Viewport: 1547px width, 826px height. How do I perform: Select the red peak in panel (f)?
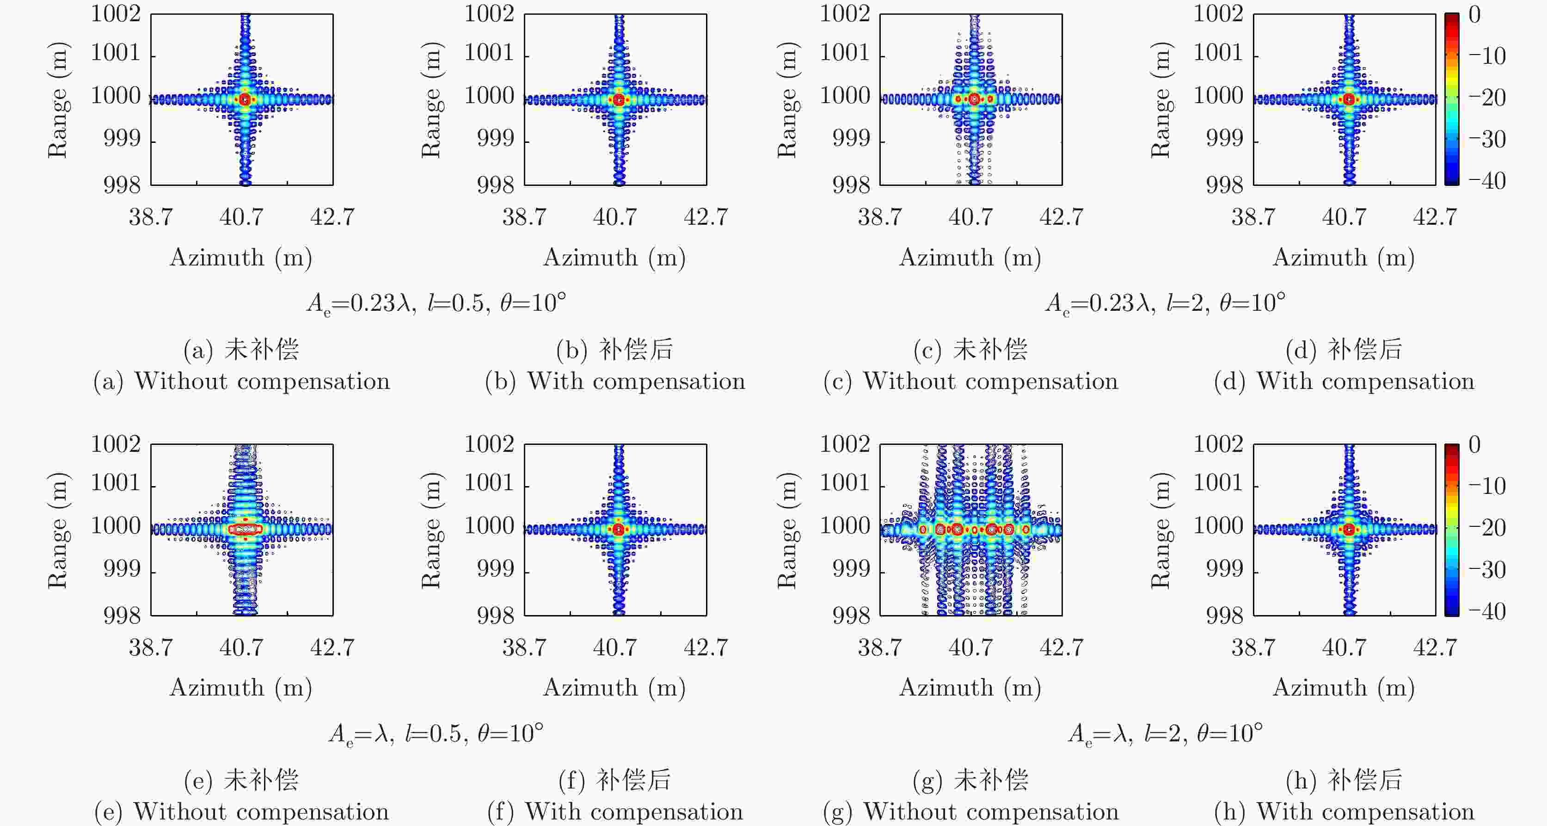[619, 529]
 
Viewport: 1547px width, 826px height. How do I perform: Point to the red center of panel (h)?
[1350, 529]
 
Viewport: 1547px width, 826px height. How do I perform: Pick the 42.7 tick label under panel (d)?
[1435, 217]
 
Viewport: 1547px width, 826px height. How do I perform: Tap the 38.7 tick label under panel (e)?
[151, 647]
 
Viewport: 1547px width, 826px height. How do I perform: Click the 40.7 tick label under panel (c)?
[970, 217]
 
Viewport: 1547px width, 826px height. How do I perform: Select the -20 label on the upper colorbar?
[1487, 97]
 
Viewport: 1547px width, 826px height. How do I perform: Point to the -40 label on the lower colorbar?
[1487, 611]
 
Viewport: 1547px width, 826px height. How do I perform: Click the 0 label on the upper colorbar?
[1475, 14]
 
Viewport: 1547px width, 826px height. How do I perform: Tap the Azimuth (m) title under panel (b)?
[614, 258]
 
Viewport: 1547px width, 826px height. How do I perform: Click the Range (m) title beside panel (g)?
[787, 530]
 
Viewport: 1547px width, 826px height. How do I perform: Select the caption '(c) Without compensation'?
[970, 382]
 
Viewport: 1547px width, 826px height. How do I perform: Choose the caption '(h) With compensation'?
[1344, 812]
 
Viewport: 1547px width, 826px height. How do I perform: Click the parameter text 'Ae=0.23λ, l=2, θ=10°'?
[1165, 303]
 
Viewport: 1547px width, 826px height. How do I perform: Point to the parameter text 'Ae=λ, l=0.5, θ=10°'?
[436, 734]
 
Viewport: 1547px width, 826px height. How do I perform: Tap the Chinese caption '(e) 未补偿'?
[241, 780]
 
